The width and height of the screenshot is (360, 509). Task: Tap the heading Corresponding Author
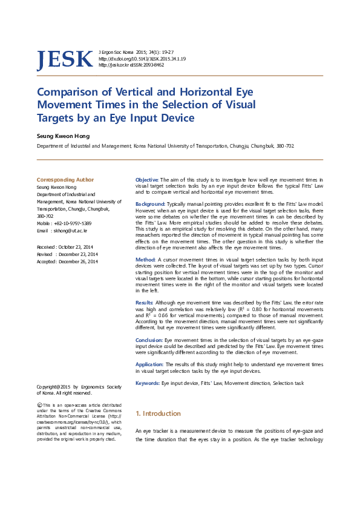pyautogui.click(x=65, y=180)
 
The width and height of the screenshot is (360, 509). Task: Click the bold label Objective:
pyautogui.click(x=147, y=180)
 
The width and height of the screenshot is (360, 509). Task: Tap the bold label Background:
pyautogui.click(x=150, y=205)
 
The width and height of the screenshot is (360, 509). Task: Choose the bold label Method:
pyautogui.click(x=146, y=259)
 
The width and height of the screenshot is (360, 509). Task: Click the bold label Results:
pyautogui.click(x=145, y=302)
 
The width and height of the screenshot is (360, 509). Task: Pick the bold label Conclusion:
pyautogui.click(x=149, y=341)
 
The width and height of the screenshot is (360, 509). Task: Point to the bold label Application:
pyautogui.click(x=150, y=365)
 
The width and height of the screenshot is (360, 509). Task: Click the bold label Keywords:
pyautogui.click(x=148, y=384)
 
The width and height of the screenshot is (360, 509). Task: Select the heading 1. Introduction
pyautogui.click(x=158, y=413)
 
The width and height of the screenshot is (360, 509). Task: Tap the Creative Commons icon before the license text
pyautogui.click(x=40, y=404)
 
